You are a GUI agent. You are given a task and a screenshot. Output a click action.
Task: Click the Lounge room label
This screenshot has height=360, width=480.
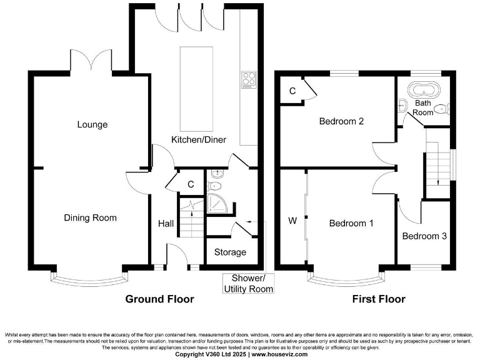point(92,124)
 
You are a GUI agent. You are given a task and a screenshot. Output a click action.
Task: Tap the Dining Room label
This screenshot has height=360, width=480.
point(91,218)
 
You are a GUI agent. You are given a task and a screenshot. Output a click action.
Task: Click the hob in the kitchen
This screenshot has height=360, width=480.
point(249,79)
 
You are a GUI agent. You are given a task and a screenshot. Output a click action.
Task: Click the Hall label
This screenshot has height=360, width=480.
point(166,223)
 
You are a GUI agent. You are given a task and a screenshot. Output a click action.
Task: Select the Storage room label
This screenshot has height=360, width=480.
point(230,252)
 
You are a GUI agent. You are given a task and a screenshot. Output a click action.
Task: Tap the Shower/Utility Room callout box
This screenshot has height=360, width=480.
point(249,283)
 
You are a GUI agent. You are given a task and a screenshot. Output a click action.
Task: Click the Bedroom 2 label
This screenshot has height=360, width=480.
point(341,121)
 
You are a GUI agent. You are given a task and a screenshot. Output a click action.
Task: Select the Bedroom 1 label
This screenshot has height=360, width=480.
point(351,223)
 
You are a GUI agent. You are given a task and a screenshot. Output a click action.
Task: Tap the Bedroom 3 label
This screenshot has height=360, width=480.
point(424,236)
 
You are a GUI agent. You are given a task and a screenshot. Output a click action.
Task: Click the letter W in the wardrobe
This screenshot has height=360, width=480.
point(292,221)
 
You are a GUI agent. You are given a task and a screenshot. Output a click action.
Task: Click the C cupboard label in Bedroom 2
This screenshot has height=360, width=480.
point(292,91)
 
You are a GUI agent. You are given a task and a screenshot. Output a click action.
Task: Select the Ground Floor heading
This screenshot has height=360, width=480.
point(159,299)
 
